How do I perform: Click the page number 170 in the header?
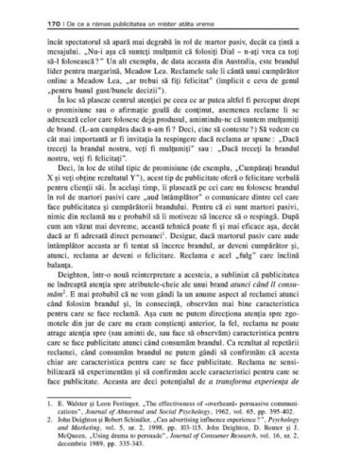pos(35,19)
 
